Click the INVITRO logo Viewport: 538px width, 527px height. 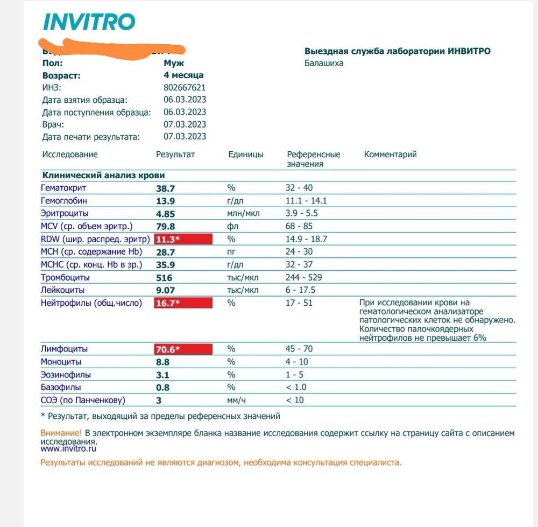tap(88, 22)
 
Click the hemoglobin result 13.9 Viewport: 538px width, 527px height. tap(165, 201)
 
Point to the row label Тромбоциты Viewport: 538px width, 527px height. tap(65, 278)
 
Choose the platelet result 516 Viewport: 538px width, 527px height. tap(164, 278)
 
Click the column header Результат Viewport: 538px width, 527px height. tap(175, 154)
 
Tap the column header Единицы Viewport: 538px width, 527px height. tap(246, 154)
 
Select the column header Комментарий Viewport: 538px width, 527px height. tap(390, 154)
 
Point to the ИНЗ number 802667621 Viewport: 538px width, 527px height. tap(185, 88)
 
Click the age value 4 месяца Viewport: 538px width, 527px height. tap(183, 75)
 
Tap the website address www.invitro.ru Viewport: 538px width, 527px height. tap(69, 448)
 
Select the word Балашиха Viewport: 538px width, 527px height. tap(324, 64)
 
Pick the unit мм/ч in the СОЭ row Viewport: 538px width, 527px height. tap(238, 400)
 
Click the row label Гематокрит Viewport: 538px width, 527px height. tap(63, 188)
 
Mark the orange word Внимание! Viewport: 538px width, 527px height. tap(61, 433)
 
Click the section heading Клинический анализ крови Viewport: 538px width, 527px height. tap(104, 175)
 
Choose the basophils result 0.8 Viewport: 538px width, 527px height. tap(162, 388)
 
